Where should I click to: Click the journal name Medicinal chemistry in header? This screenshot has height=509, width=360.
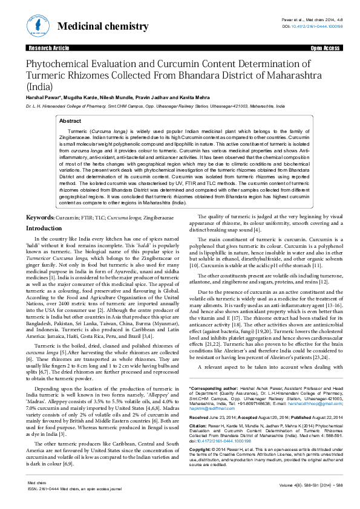tap(102, 27)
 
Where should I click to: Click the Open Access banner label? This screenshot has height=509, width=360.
tap(324, 47)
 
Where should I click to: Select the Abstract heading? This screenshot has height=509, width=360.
tap(70, 121)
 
